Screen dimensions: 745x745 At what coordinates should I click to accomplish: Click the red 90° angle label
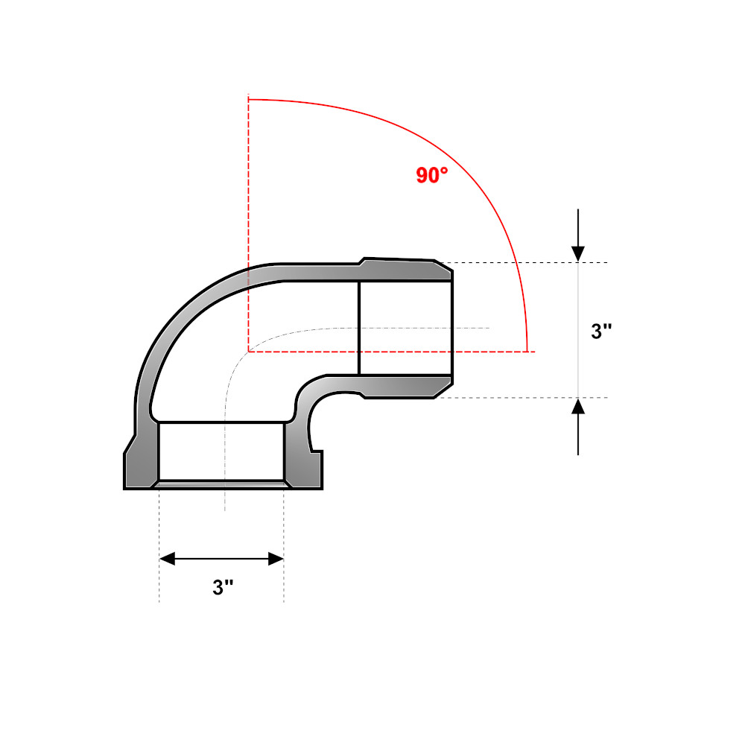click(432, 175)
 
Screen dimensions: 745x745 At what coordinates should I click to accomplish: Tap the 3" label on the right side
click(601, 331)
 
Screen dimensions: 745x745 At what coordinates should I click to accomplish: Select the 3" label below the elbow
click(223, 587)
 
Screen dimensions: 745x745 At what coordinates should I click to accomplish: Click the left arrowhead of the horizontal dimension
click(167, 559)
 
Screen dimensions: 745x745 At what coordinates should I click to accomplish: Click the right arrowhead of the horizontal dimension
click(276, 559)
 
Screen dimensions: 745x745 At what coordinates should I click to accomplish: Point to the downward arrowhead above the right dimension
click(578, 254)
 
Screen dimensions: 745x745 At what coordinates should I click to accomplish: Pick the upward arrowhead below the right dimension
click(578, 406)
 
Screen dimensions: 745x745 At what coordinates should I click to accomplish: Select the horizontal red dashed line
click(392, 352)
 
